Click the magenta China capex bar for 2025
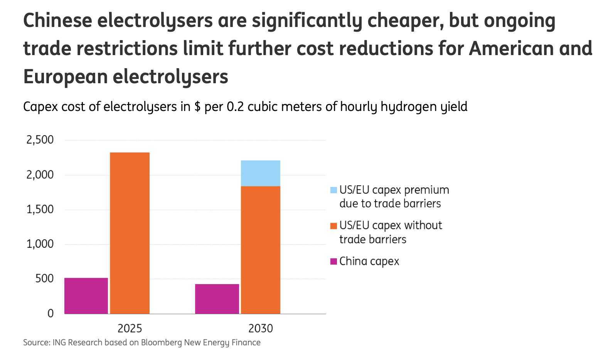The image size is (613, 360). tap(86, 296)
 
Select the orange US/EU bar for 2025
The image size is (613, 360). tap(130, 233)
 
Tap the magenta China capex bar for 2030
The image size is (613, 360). tap(217, 299)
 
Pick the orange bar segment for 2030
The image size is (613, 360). tap(261, 250)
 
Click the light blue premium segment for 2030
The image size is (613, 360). tap(261, 173)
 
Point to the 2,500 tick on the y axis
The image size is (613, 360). tap(40, 140)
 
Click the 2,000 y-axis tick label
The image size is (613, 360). tap(40, 175)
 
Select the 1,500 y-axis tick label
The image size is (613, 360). tap(40, 209)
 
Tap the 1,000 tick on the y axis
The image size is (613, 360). tap(40, 244)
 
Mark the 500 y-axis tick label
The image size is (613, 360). tap(44, 279)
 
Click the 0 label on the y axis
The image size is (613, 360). tap(51, 313)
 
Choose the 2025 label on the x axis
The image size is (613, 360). tap(130, 328)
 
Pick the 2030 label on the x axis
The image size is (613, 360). tap(261, 328)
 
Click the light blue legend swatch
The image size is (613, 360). tap(334, 190)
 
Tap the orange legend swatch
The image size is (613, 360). tap(334, 225)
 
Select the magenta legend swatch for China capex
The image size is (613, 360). tap(334, 261)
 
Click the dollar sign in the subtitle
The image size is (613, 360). tap(197, 107)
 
